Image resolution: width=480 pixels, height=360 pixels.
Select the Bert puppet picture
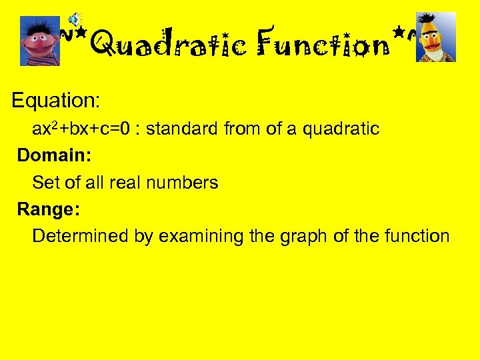(436, 37)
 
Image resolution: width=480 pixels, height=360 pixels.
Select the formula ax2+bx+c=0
(83, 129)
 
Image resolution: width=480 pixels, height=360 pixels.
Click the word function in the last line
(417, 236)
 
